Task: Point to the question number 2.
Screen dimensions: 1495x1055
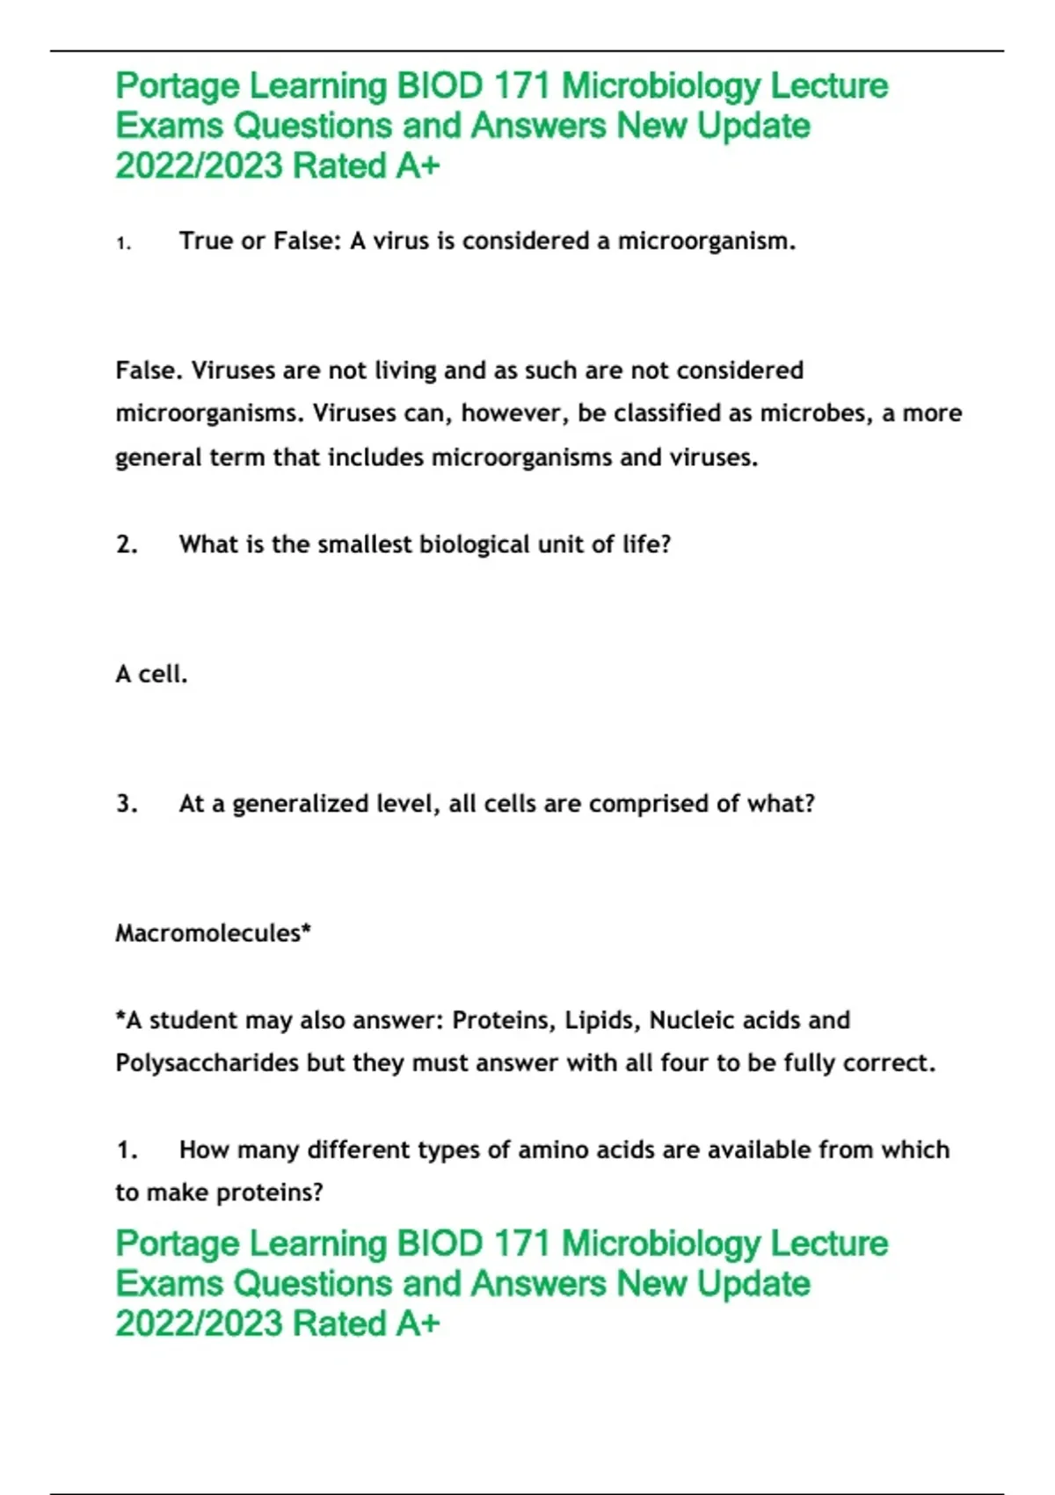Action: (127, 544)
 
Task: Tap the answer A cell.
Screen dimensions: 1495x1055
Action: (151, 675)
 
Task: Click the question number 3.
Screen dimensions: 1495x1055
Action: (127, 804)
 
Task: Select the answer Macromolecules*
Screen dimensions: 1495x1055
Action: (214, 933)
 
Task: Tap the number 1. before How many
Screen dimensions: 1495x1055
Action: (127, 1150)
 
